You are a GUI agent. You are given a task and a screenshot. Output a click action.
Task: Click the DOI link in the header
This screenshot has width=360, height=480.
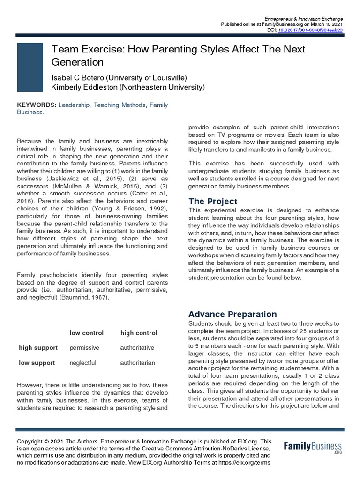[310, 30]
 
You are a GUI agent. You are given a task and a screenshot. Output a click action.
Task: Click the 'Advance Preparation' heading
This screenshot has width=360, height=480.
[232, 314]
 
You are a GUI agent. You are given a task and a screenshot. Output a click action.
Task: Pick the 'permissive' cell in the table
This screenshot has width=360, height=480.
[85, 348]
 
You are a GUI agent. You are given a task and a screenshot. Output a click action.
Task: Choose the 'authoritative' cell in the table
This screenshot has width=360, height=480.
[137, 348]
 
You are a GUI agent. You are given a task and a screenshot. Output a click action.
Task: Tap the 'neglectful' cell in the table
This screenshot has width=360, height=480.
[83, 363]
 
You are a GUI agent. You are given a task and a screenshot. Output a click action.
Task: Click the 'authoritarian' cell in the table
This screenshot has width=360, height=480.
[137, 363]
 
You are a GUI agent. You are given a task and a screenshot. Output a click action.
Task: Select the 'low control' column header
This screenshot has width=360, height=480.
[87, 333]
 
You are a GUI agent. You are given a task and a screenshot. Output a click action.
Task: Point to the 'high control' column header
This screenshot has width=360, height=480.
[139, 333]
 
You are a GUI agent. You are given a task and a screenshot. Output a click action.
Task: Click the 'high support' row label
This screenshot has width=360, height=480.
[38, 348]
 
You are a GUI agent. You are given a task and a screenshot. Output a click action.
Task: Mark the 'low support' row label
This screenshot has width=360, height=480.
[37, 363]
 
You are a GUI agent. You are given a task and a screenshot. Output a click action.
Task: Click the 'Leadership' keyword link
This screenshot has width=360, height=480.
[74, 105]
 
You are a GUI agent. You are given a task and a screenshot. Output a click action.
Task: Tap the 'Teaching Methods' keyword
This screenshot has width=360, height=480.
[119, 105]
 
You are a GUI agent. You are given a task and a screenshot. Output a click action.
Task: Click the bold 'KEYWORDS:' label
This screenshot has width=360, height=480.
[37, 105]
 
